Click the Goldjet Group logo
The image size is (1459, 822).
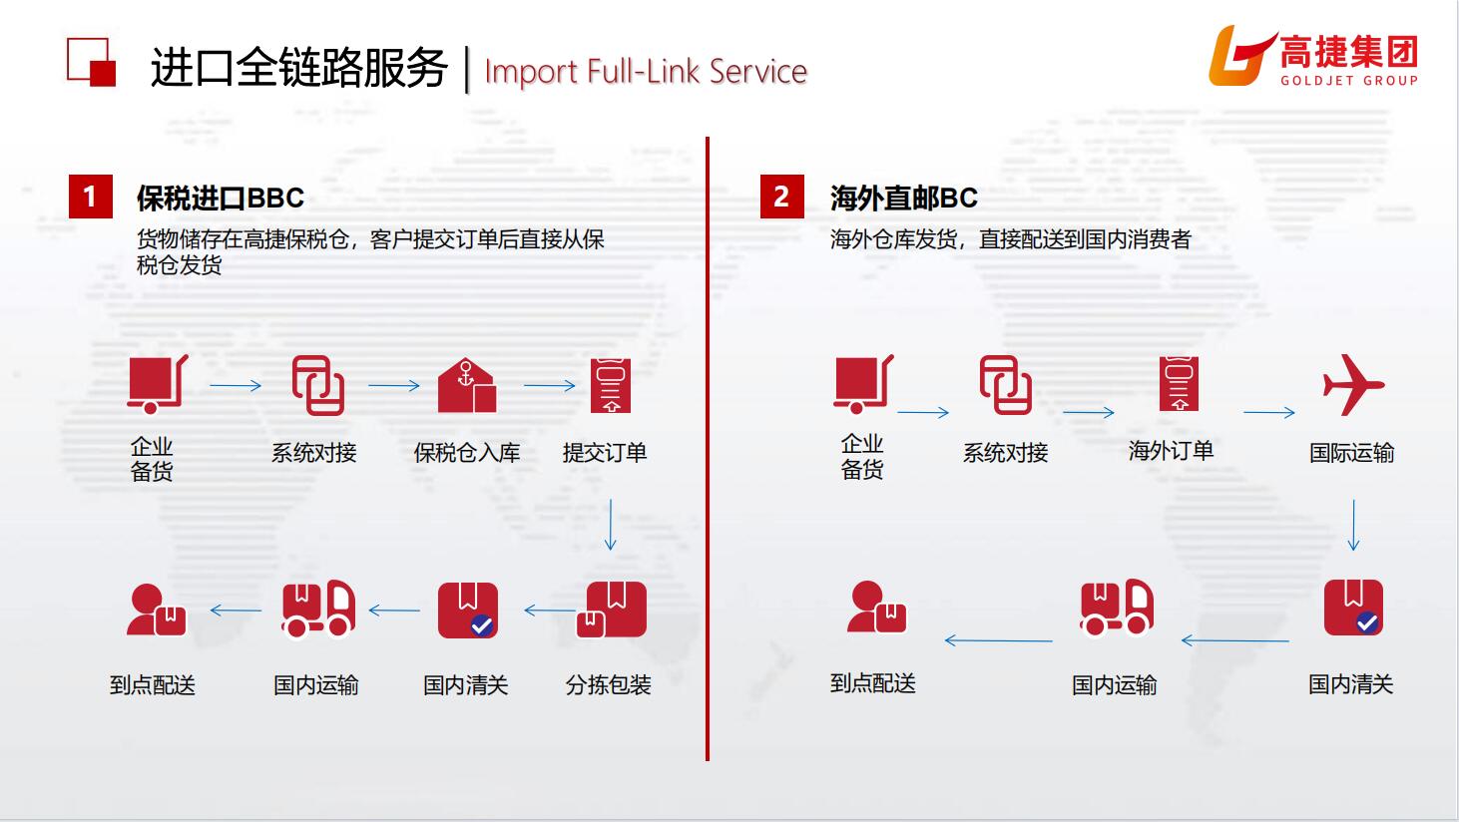pos(1312,56)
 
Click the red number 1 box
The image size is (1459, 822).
pos(90,197)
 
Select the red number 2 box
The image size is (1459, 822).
pos(781,197)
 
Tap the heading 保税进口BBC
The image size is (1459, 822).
pos(221,198)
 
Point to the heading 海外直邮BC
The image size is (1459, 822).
pos(903,198)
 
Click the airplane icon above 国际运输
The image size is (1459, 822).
pos(1352,384)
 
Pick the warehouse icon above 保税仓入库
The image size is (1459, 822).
pos(466,385)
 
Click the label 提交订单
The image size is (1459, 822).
pos(605,453)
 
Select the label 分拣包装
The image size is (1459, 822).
pos(608,685)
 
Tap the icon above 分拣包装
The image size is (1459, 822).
pos(612,610)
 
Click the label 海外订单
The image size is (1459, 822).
pos(1171,451)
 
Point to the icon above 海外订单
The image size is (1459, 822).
pos(1179,384)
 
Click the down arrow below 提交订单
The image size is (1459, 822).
pos(610,526)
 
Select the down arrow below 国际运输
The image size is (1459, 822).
pos(1353,526)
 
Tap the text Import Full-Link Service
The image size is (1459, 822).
pos(645,71)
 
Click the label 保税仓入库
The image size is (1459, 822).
pos(467,453)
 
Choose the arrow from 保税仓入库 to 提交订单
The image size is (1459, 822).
pos(550,385)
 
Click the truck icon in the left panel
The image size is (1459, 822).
pos(317,608)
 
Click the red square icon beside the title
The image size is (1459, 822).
pos(92,62)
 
